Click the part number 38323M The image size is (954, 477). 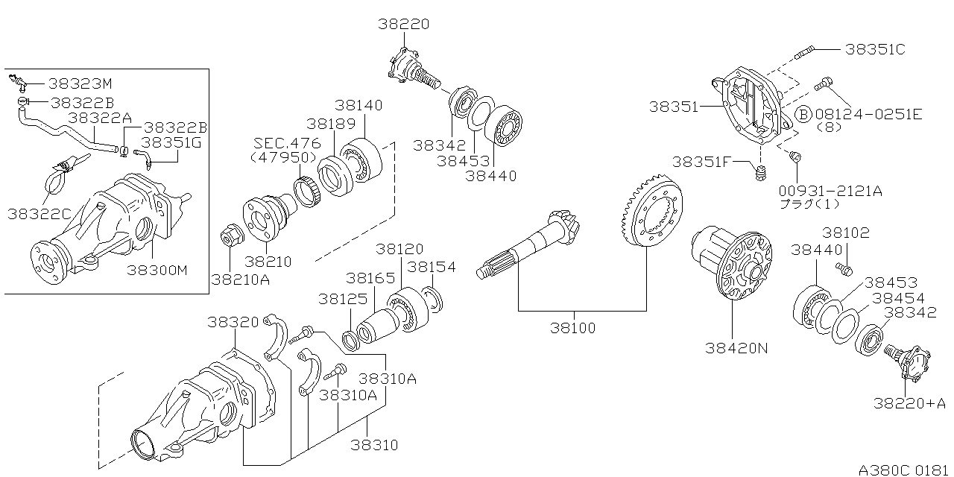79,83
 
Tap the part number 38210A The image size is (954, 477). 240,279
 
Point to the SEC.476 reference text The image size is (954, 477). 287,143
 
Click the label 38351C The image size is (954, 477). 875,50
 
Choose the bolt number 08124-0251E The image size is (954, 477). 869,114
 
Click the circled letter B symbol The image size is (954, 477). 802,114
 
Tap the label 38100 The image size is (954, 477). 574,327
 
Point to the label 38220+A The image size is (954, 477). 909,403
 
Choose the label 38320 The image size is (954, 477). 233,322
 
